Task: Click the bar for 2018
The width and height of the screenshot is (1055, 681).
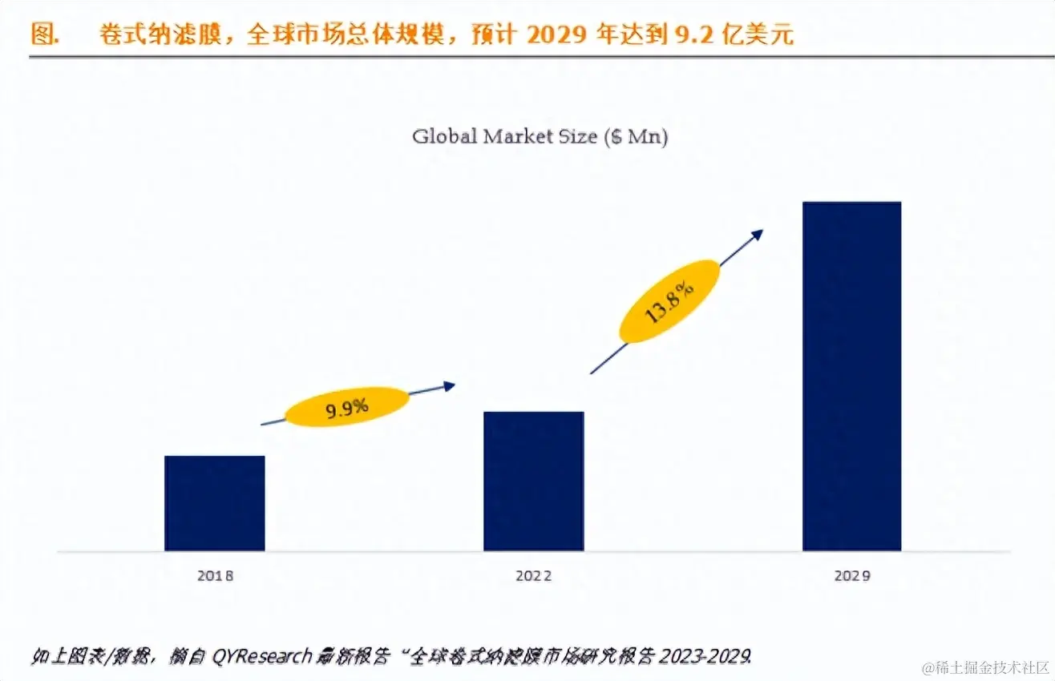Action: (214, 503)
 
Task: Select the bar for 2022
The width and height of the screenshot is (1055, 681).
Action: (533, 481)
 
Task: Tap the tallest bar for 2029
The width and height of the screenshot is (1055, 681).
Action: (851, 376)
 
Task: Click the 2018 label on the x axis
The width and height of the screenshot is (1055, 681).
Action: (214, 575)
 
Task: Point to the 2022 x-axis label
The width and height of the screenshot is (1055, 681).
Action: (533, 575)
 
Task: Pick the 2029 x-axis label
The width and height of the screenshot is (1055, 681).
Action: (851, 575)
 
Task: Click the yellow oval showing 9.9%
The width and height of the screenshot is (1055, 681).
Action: (346, 407)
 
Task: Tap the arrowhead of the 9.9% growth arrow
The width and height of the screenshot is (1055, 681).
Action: (450, 386)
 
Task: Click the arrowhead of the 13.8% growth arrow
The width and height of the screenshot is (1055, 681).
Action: (757, 234)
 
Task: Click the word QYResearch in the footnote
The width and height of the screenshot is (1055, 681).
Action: (261, 657)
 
